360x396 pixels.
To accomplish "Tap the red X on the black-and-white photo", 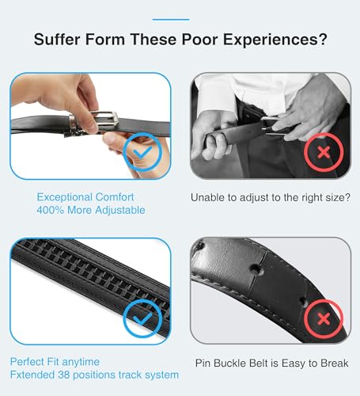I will (x=323, y=150).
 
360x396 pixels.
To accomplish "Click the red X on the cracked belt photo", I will (x=323, y=318).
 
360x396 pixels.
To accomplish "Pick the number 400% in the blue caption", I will (x=51, y=211).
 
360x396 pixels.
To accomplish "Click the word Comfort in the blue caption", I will (x=120, y=196).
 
